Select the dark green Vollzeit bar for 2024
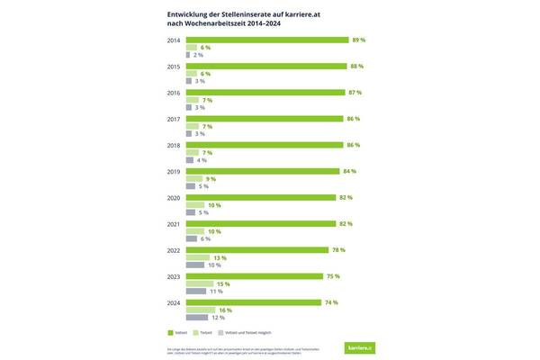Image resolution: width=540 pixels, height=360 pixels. click(x=254, y=301)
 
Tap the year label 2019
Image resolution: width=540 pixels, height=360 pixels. click(x=173, y=171)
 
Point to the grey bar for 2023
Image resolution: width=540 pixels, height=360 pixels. click(x=195, y=292)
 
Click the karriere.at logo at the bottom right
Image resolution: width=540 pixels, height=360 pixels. click(x=361, y=346)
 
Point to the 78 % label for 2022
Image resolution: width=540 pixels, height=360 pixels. click(x=338, y=249)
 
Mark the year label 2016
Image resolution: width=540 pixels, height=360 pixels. click(x=173, y=93)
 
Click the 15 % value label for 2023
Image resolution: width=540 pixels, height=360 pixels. click(x=221, y=283)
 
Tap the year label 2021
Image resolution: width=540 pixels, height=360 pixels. click(x=173, y=223)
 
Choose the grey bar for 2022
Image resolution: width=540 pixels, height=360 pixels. click(x=194, y=265)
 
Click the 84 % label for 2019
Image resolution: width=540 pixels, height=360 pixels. click(x=350, y=171)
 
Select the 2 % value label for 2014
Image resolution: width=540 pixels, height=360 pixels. click(x=197, y=56)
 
